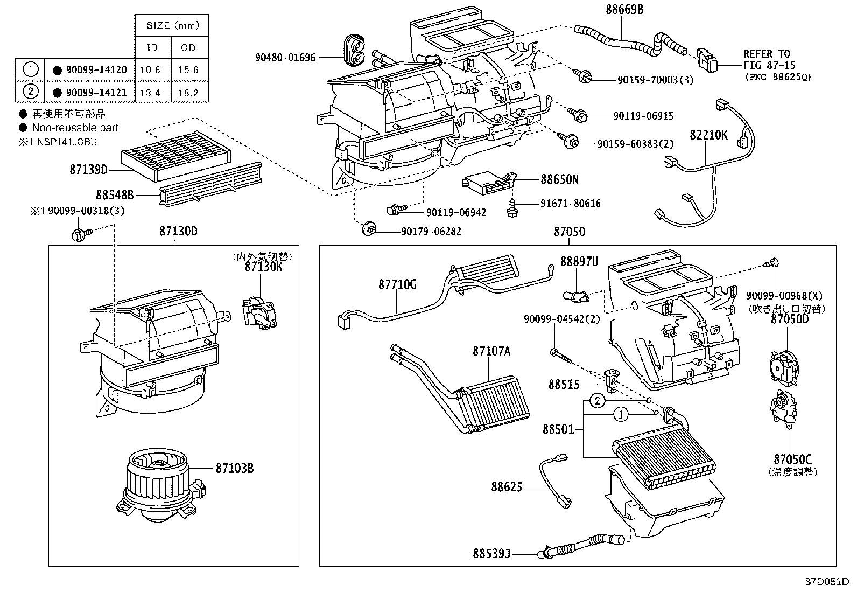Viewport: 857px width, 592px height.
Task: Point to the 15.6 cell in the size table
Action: tap(188, 70)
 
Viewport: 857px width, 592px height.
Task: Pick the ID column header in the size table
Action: tap(152, 48)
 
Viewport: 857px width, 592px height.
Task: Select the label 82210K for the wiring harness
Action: tap(708, 135)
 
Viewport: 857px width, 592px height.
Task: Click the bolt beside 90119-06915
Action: tap(579, 114)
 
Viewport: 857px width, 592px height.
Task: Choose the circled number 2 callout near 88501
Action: tap(598, 401)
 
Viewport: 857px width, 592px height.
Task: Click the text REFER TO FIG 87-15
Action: tap(767, 59)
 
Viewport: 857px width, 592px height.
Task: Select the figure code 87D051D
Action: tap(827, 582)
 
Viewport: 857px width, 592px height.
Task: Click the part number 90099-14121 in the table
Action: tap(96, 93)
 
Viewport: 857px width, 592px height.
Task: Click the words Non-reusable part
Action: tap(75, 128)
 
